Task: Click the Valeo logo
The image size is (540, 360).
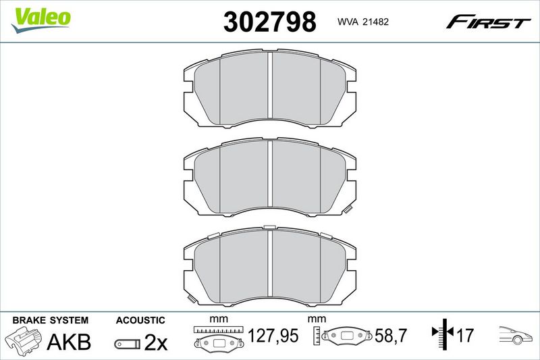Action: [40, 20]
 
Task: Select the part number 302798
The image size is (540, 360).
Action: [269, 22]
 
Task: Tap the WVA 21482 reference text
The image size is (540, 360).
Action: [363, 22]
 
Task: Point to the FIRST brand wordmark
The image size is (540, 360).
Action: [488, 22]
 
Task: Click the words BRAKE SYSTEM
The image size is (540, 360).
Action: [50, 320]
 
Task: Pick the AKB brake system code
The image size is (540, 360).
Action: [69, 341]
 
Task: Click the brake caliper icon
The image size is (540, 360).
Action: [24, 340]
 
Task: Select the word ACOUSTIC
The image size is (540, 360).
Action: [140, 320]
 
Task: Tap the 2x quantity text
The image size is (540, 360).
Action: [156, 342]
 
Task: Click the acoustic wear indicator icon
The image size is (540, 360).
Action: [128, 344]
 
